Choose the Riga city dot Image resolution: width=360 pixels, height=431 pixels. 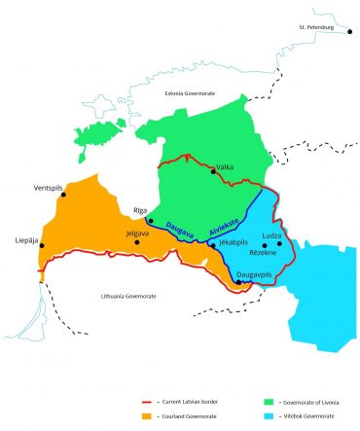150,220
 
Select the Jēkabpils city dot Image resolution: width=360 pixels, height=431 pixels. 212,245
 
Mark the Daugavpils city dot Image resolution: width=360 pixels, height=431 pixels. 239,281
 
